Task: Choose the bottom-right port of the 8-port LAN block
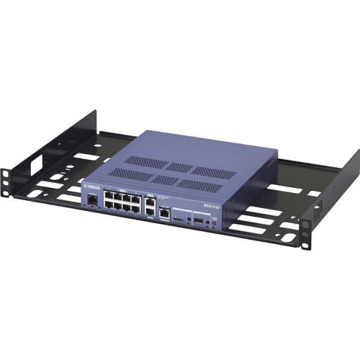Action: [x=137, y=210]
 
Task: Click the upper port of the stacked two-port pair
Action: [x=150, y=203]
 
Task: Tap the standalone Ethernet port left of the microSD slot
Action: [x=166, y=213]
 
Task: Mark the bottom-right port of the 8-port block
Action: [x=137, y=210]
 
